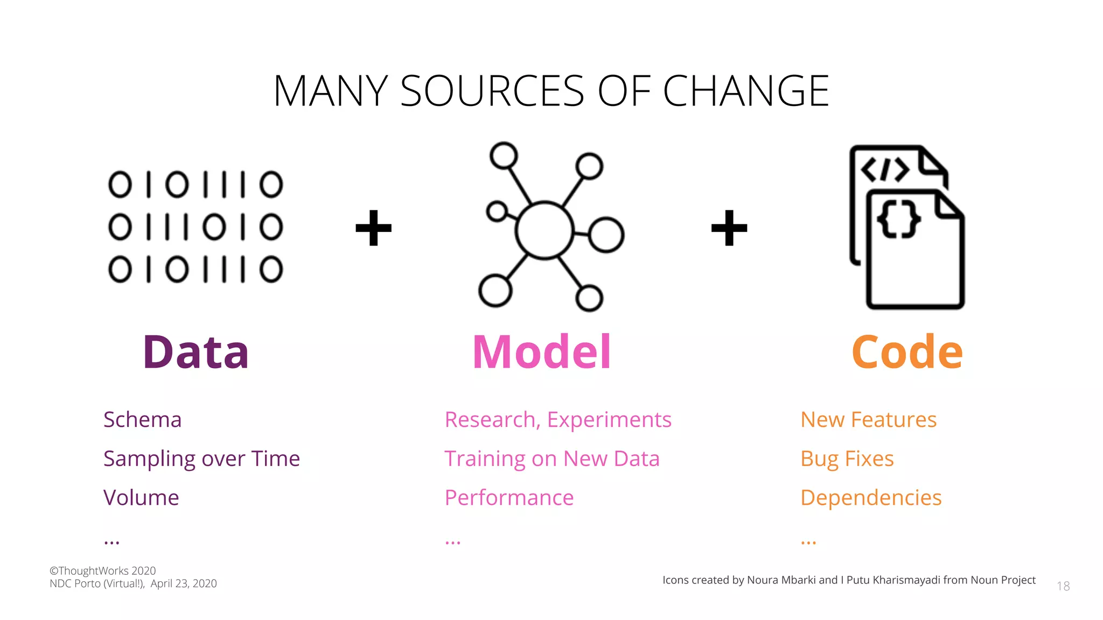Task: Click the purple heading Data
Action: click(196, 353)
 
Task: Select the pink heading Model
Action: click(541, 353)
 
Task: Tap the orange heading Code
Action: click(907, 353)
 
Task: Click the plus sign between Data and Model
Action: click(373, 228)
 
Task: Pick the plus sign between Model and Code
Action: click(729, 228)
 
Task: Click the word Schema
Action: click(142, 420)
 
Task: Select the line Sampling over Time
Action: click(201, 459)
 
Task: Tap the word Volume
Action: click(141, 498)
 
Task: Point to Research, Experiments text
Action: click(558, 420)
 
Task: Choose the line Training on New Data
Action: click(552, 459)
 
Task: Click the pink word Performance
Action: click(509, 498)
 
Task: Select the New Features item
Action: click(868, 420)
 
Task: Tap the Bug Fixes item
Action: click(847, 459)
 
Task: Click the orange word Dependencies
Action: click(871, 498)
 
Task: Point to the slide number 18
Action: click(1063, 586)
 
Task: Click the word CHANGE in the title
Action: click(746, 91)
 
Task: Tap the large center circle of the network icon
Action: click(544, 230)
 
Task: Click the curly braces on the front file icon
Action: click(898, 219)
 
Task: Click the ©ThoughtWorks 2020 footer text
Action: click(102, 570)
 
